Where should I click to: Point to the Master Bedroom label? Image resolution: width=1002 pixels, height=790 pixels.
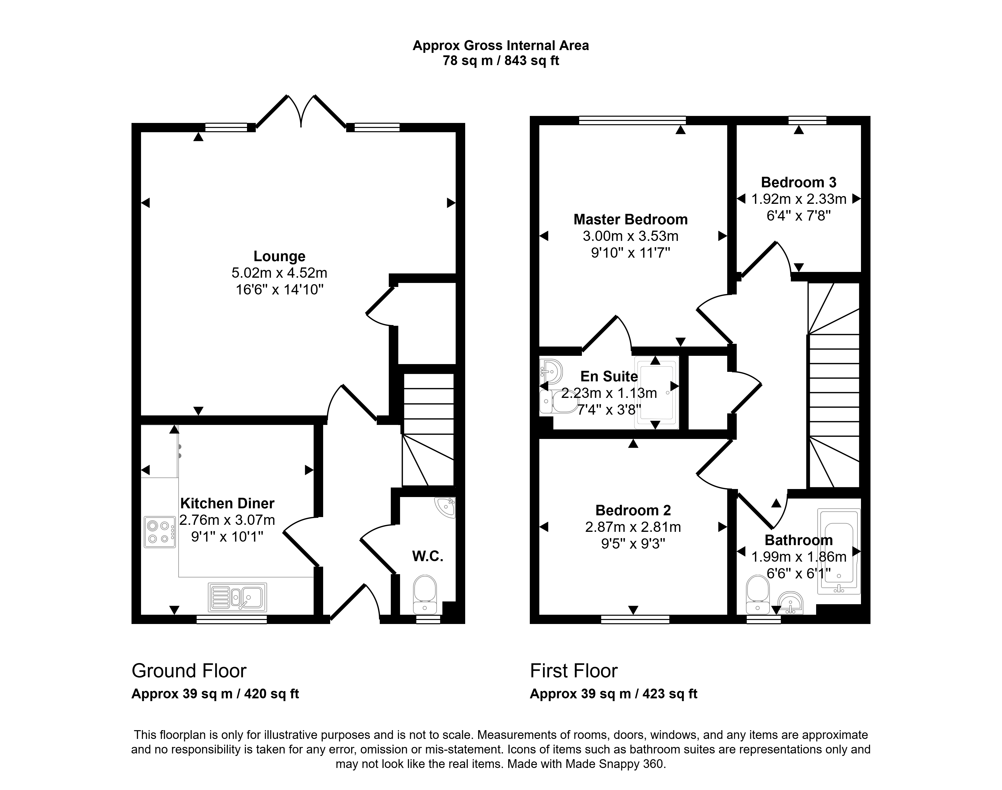tap(631, 219)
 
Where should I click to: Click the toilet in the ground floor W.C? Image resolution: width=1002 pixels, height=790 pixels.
tap(425, 594)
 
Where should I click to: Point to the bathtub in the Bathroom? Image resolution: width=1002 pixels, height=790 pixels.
tap(839, 551)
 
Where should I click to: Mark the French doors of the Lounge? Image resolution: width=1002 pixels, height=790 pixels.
tap(301, 111)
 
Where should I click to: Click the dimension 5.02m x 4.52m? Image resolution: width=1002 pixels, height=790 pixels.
tap(279, 273)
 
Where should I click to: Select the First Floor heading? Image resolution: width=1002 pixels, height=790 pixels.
tap(574, 671)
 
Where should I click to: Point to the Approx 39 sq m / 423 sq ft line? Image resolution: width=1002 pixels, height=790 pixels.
tap(613, 694)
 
